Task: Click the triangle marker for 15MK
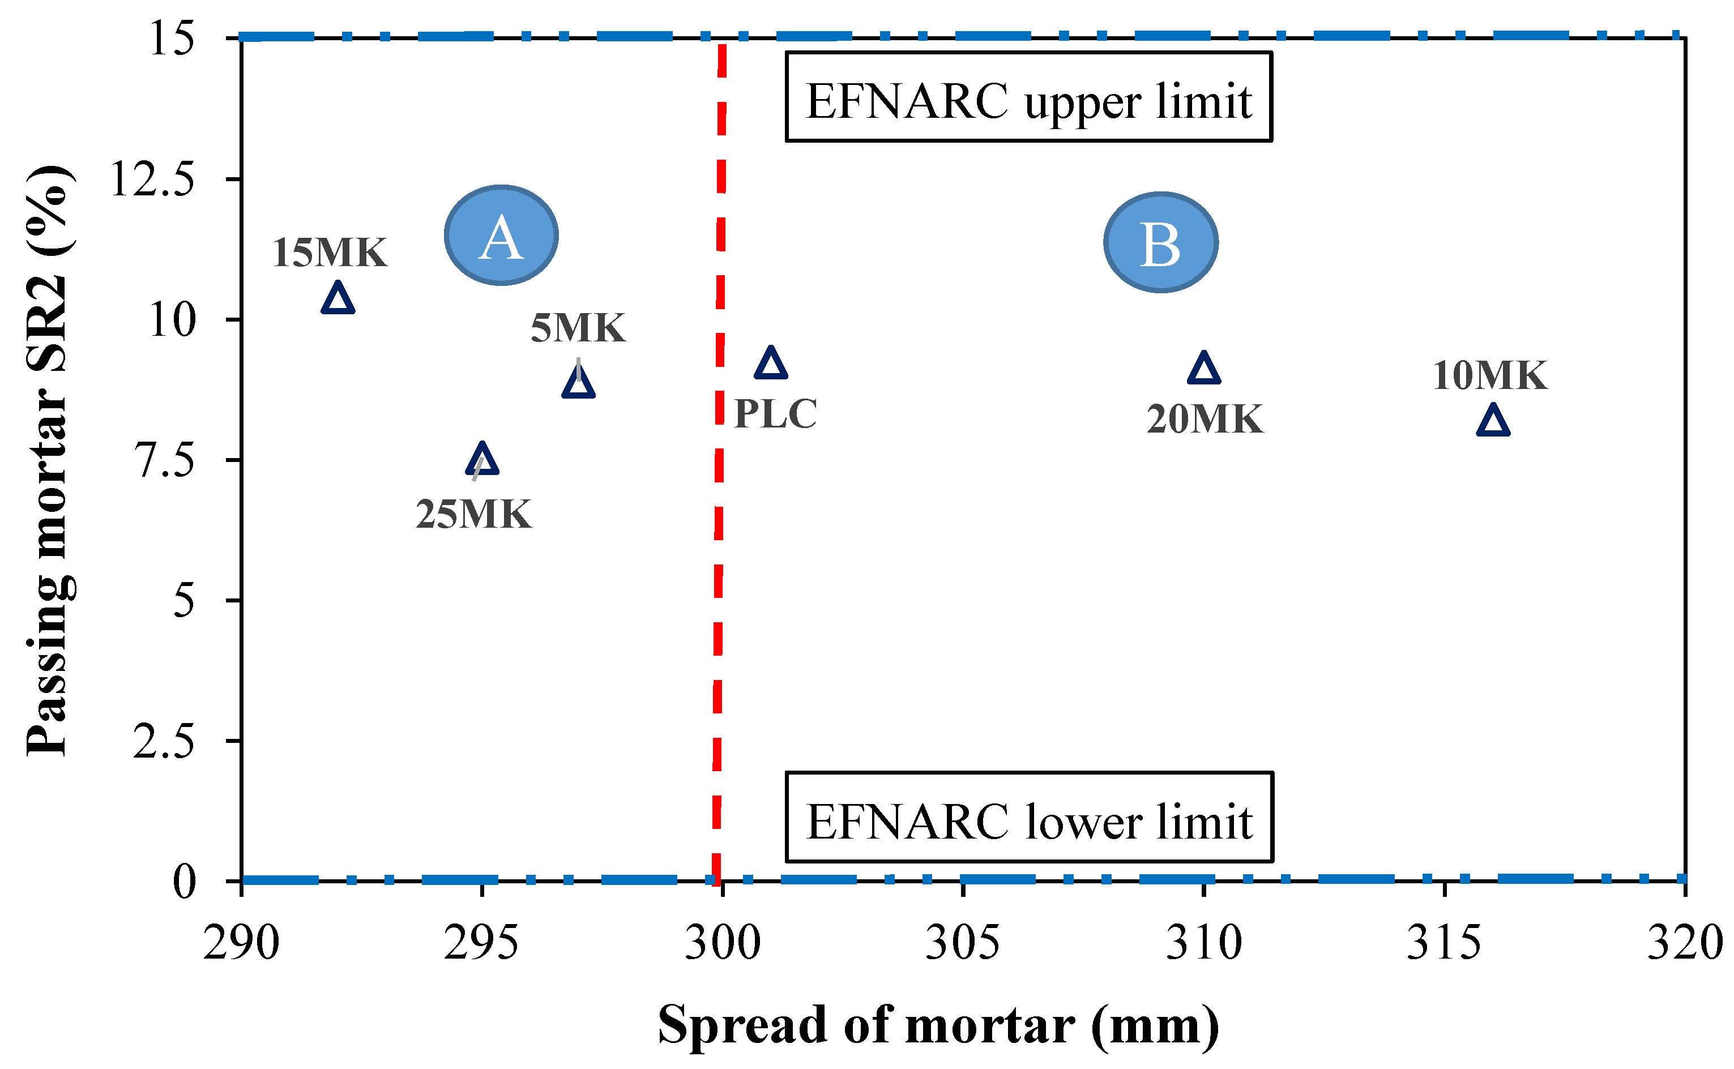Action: pyautogui.click(x=338, y=298)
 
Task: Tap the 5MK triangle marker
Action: pyautogui.click(x=578, y=383)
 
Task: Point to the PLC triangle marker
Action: pyautogui.click(x=771, y=364)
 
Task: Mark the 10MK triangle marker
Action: pyautogui.click(x=1493, y=421)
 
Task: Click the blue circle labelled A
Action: pyautogui.click(x=501, y=236)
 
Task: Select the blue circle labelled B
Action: pyautogui.click(x=1161, y=242)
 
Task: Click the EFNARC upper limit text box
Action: pyautogui.click(x=1028, y=97)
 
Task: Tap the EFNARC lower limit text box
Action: pyautogui.click(x=1029, y=817)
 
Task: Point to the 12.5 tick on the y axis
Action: pyautogui.click(x=233, y=179)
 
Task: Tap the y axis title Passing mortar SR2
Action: pyautogui.click(x=49, y=460)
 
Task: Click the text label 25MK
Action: pyautogui.click(x=473, y=514)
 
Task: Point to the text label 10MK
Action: pyautogui.click(x=1490, y=375)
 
